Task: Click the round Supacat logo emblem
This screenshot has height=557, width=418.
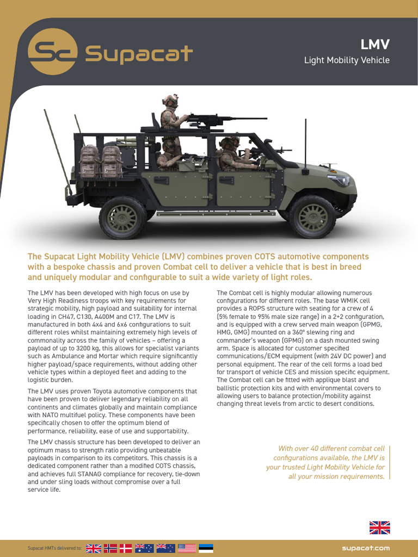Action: [52, 51]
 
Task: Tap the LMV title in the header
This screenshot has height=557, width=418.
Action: [376, 45]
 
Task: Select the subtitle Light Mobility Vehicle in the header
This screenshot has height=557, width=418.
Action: [347, 60]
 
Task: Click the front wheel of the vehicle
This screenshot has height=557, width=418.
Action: [312, 216]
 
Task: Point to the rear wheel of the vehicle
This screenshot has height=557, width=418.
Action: [122, 218]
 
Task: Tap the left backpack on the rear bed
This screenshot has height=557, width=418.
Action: [89, 161]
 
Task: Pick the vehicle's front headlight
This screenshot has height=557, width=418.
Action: [340, 181]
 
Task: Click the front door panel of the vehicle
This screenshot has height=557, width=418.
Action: [243, 188]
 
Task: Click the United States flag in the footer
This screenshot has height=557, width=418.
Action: [186, 548]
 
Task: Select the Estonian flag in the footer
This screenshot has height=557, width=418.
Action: [206, 548]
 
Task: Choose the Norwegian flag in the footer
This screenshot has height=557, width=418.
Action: [110, 548]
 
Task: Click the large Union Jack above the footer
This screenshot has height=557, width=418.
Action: [379, 527]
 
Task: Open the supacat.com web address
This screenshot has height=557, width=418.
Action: [366, 548]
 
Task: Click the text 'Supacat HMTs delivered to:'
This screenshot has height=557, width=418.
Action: [54, 548]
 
